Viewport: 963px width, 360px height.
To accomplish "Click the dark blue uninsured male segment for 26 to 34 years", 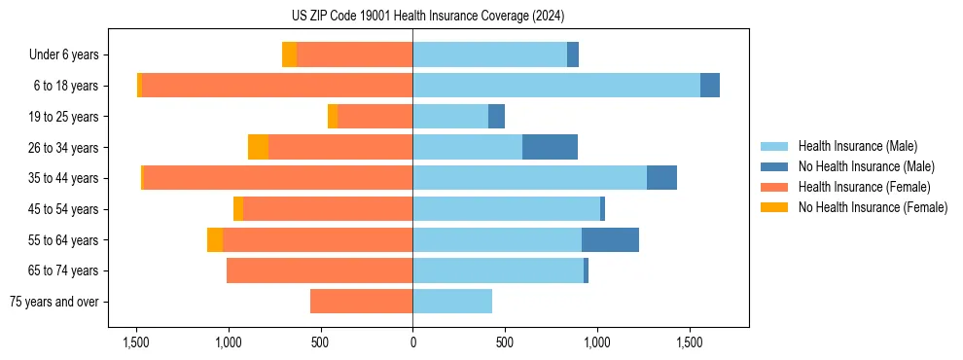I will tap(550, 147).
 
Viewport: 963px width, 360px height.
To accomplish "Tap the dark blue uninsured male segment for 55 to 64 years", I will tap(610, 239).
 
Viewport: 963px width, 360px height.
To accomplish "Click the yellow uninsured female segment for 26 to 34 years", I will tap(258, 147).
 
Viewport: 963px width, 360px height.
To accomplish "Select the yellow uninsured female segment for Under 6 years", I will tap(289, 54).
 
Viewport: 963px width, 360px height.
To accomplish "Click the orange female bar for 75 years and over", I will tap(361, 302).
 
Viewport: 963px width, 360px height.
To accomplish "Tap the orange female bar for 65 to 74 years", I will tap(319, 270).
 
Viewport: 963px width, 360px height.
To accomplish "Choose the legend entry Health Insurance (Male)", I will tap(856, 146).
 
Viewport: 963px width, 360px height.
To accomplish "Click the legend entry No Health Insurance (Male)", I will tap(865, 166).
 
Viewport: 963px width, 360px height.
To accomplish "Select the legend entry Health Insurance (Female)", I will tap(864, 187).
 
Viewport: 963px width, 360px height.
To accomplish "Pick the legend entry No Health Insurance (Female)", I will tap(872, 207).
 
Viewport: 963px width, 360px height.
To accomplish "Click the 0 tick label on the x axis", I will tap(412, 342).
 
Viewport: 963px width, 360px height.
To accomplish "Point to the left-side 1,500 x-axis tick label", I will tap(135, 342).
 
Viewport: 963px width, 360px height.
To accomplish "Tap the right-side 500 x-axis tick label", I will tap(504, 342).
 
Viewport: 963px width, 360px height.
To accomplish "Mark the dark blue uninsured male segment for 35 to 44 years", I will tap(661, 178).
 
